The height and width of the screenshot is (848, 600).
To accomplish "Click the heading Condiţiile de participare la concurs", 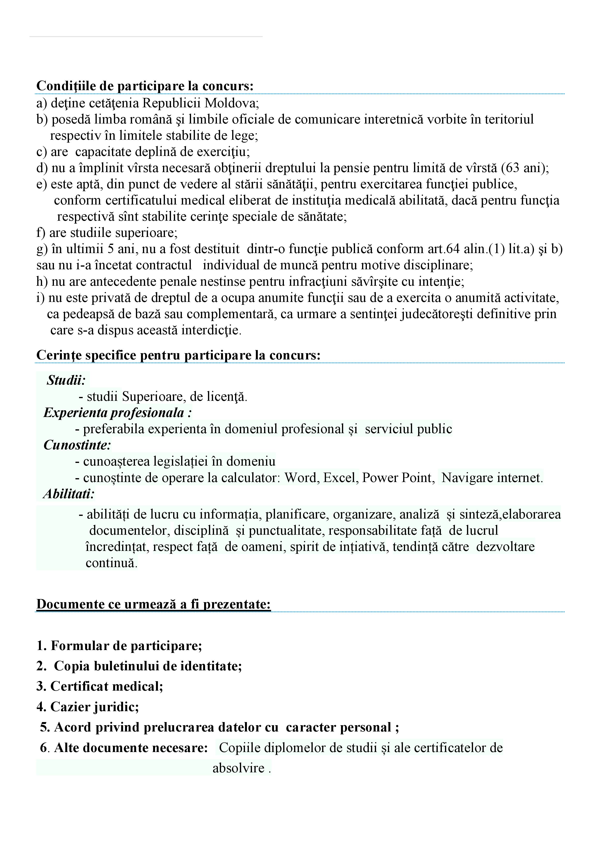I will tap(145, 86).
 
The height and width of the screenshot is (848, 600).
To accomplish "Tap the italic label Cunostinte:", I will tap(77, 445).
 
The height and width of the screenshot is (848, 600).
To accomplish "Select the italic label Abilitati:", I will tap(69, 494).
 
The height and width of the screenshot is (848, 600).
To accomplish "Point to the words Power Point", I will tap(397, 478).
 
